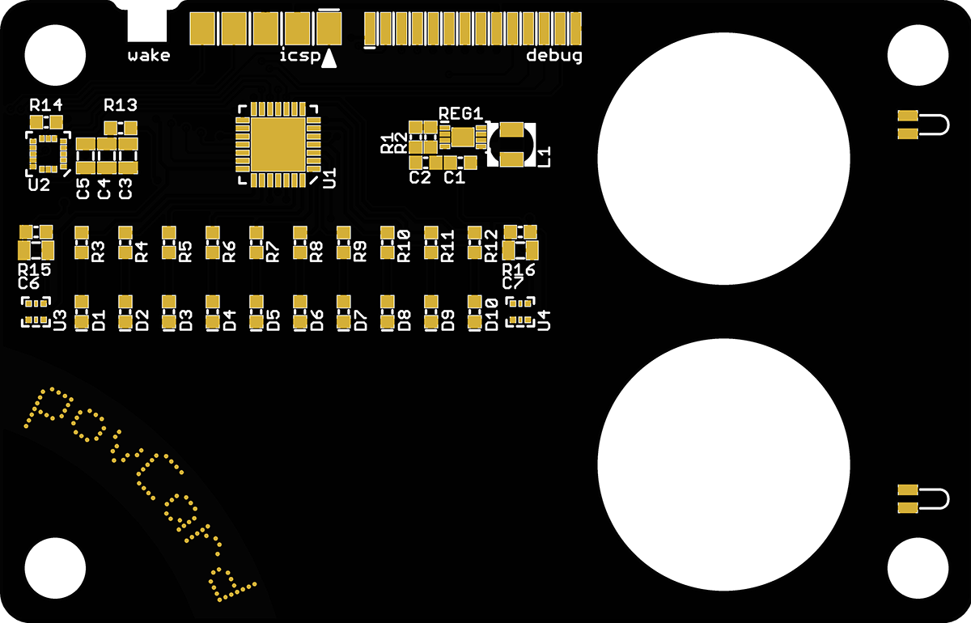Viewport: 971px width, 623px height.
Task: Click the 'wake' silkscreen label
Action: coord(149,56)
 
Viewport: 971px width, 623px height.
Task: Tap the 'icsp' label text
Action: coord(299,57)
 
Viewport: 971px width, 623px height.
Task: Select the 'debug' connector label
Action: coord(554,56)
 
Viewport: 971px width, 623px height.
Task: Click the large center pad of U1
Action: coord(275,143)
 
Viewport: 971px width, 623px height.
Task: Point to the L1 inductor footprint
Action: coord(511,145)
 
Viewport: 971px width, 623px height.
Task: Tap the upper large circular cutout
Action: coord(723,158)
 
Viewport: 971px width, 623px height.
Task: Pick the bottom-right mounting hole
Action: coord(917,569)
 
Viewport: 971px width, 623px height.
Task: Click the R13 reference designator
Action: coord(120,105)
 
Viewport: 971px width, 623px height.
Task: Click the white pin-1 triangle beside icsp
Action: coord(329,59)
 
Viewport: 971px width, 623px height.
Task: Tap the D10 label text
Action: coord(491,314)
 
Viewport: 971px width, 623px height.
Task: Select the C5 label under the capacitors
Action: coord(83,189)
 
